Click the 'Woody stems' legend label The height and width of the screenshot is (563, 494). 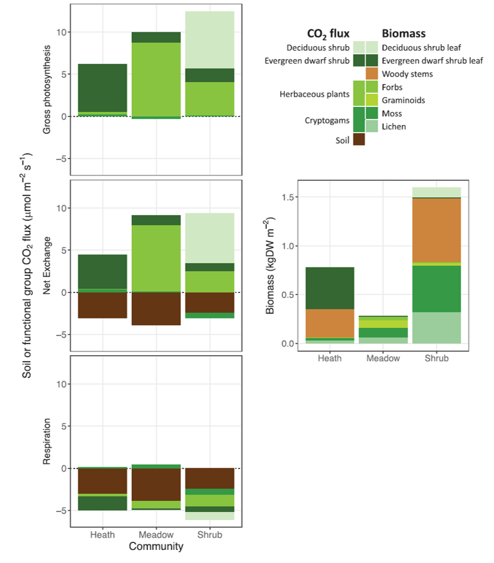[407, 74]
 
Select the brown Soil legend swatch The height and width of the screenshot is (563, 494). [359, 139]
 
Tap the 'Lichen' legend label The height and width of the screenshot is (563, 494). [394, 126]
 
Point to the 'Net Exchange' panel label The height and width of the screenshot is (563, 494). [47, 266]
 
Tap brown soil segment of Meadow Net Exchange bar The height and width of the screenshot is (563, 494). [156, 309]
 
